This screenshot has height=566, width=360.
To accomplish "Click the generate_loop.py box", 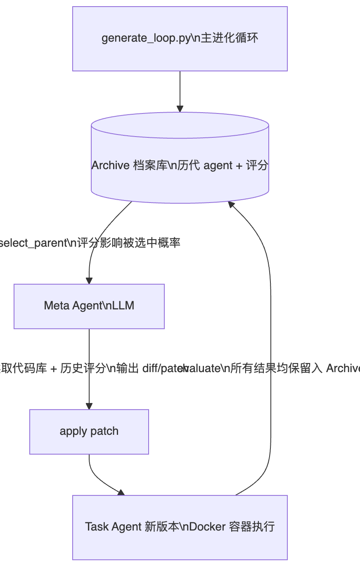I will pyautogui.click(x=180, y=39).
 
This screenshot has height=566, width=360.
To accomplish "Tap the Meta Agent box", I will pyautogui.click(x=89, y=306).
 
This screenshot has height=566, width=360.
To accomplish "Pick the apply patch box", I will pyautogui.click(x=89, y=432).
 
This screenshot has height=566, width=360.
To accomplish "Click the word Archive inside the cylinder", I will pyautogui.click(x=110, y=165).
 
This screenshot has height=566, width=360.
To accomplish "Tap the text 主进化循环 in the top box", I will pyautogui.click(x=230, y=38).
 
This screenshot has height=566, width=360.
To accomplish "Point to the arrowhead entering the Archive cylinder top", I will pyautogui.click(x=180, y=109).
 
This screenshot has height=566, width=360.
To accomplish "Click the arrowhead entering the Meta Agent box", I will pyautogui.click(x=89, y=281).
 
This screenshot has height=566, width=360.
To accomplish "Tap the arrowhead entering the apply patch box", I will pyautogui.click(x=89, y=406).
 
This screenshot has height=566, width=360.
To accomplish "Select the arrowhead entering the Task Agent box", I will pyautogui.click(x=121, y=493).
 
